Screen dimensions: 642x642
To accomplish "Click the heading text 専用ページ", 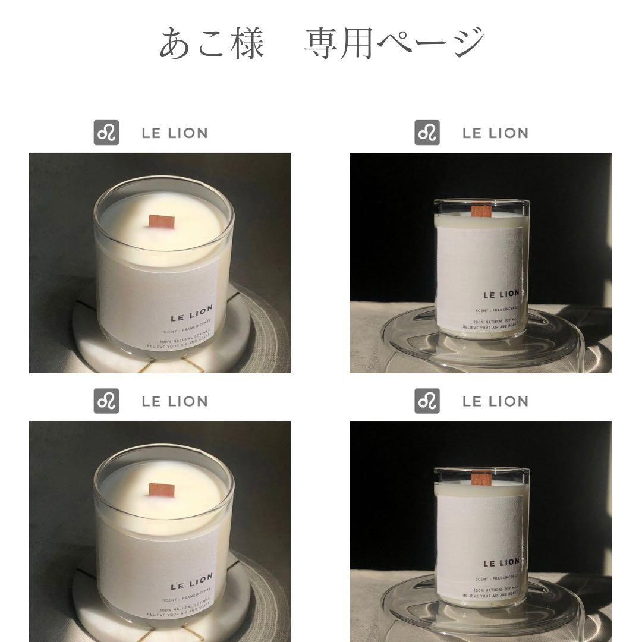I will (x=394, y=43).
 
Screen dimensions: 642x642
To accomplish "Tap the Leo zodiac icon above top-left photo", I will (x=106, y=133).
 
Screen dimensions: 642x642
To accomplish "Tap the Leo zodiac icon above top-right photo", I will (x=427, y=133).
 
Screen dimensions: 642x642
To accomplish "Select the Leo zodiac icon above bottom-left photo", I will (x=106, y=401).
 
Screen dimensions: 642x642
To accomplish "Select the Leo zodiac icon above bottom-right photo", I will (x=427, y=401).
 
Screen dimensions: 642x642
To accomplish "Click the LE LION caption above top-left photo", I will (x=175, y=133).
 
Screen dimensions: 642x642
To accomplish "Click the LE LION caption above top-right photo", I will (x=495, y=133).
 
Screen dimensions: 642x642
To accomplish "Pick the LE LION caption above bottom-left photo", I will (x=175, y=402).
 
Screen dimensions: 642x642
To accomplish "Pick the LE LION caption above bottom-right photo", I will (x=495, y=402).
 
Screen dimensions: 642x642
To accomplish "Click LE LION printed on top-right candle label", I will (x=501, y=293).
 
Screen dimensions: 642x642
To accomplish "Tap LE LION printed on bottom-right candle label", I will (x=501, y=562).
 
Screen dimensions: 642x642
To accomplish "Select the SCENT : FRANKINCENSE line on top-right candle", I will (x=496, y=309).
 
